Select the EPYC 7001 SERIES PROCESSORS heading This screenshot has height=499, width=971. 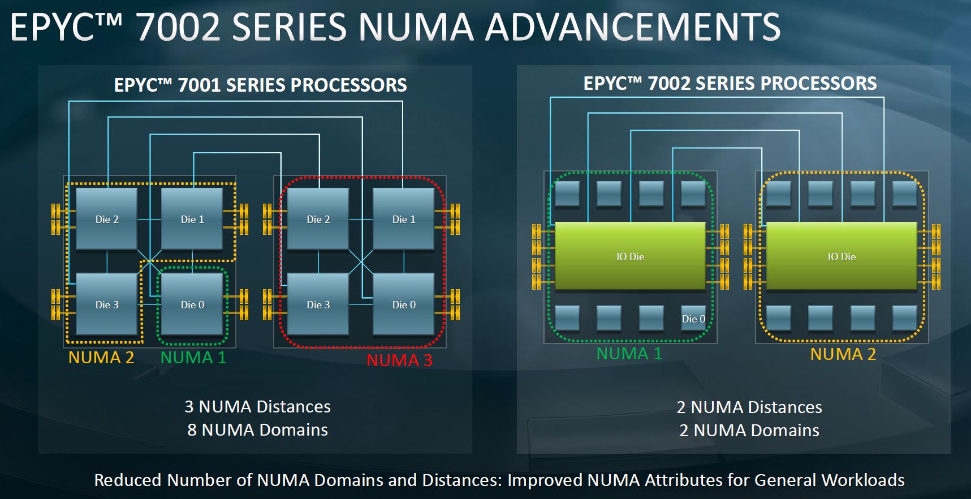tap(261, 85)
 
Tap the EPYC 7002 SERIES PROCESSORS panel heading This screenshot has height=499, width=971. tap(730, 83)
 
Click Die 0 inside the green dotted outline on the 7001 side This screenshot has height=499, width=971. tap(192, 304)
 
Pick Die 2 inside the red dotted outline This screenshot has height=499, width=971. tap(318, 219)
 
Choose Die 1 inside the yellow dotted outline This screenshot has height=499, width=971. tap(192, 219)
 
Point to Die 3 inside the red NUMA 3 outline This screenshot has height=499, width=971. tap(318, 304)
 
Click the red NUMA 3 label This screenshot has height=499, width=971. tap(399, 360)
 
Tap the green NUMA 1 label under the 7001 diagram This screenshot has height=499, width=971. tap(193, 358)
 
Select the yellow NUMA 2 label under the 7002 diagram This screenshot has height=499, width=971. tap(843, 354)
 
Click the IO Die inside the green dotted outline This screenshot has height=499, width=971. tap(631, 256)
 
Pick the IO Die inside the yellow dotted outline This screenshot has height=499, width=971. tap(842, 256)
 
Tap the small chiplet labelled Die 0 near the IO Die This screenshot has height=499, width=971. tap(693, 319)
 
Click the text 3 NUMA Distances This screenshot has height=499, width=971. tap(258, 407)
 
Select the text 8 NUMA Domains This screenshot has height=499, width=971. tap(258, 430)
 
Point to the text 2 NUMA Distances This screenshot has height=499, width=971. tap(749, 407)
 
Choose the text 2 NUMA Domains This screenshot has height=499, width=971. tap(749, 431)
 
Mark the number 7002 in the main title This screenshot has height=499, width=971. tap(178, 27)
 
